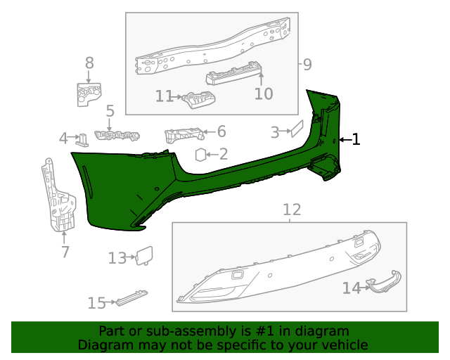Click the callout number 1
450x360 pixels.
pos(356,140)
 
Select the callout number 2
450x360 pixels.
pos(223,154)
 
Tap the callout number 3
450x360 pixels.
pos(276,131)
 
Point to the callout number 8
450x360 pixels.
pos(89,63)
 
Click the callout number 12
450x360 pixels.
pos(291,210)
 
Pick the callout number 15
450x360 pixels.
pos(96,303)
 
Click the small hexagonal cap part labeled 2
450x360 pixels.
pos(200,154)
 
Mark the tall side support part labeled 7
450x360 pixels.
pos(59,197)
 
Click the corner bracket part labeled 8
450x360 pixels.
pos(89,94)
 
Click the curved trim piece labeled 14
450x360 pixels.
pos(384,283)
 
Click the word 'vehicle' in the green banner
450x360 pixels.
pos(344,345)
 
